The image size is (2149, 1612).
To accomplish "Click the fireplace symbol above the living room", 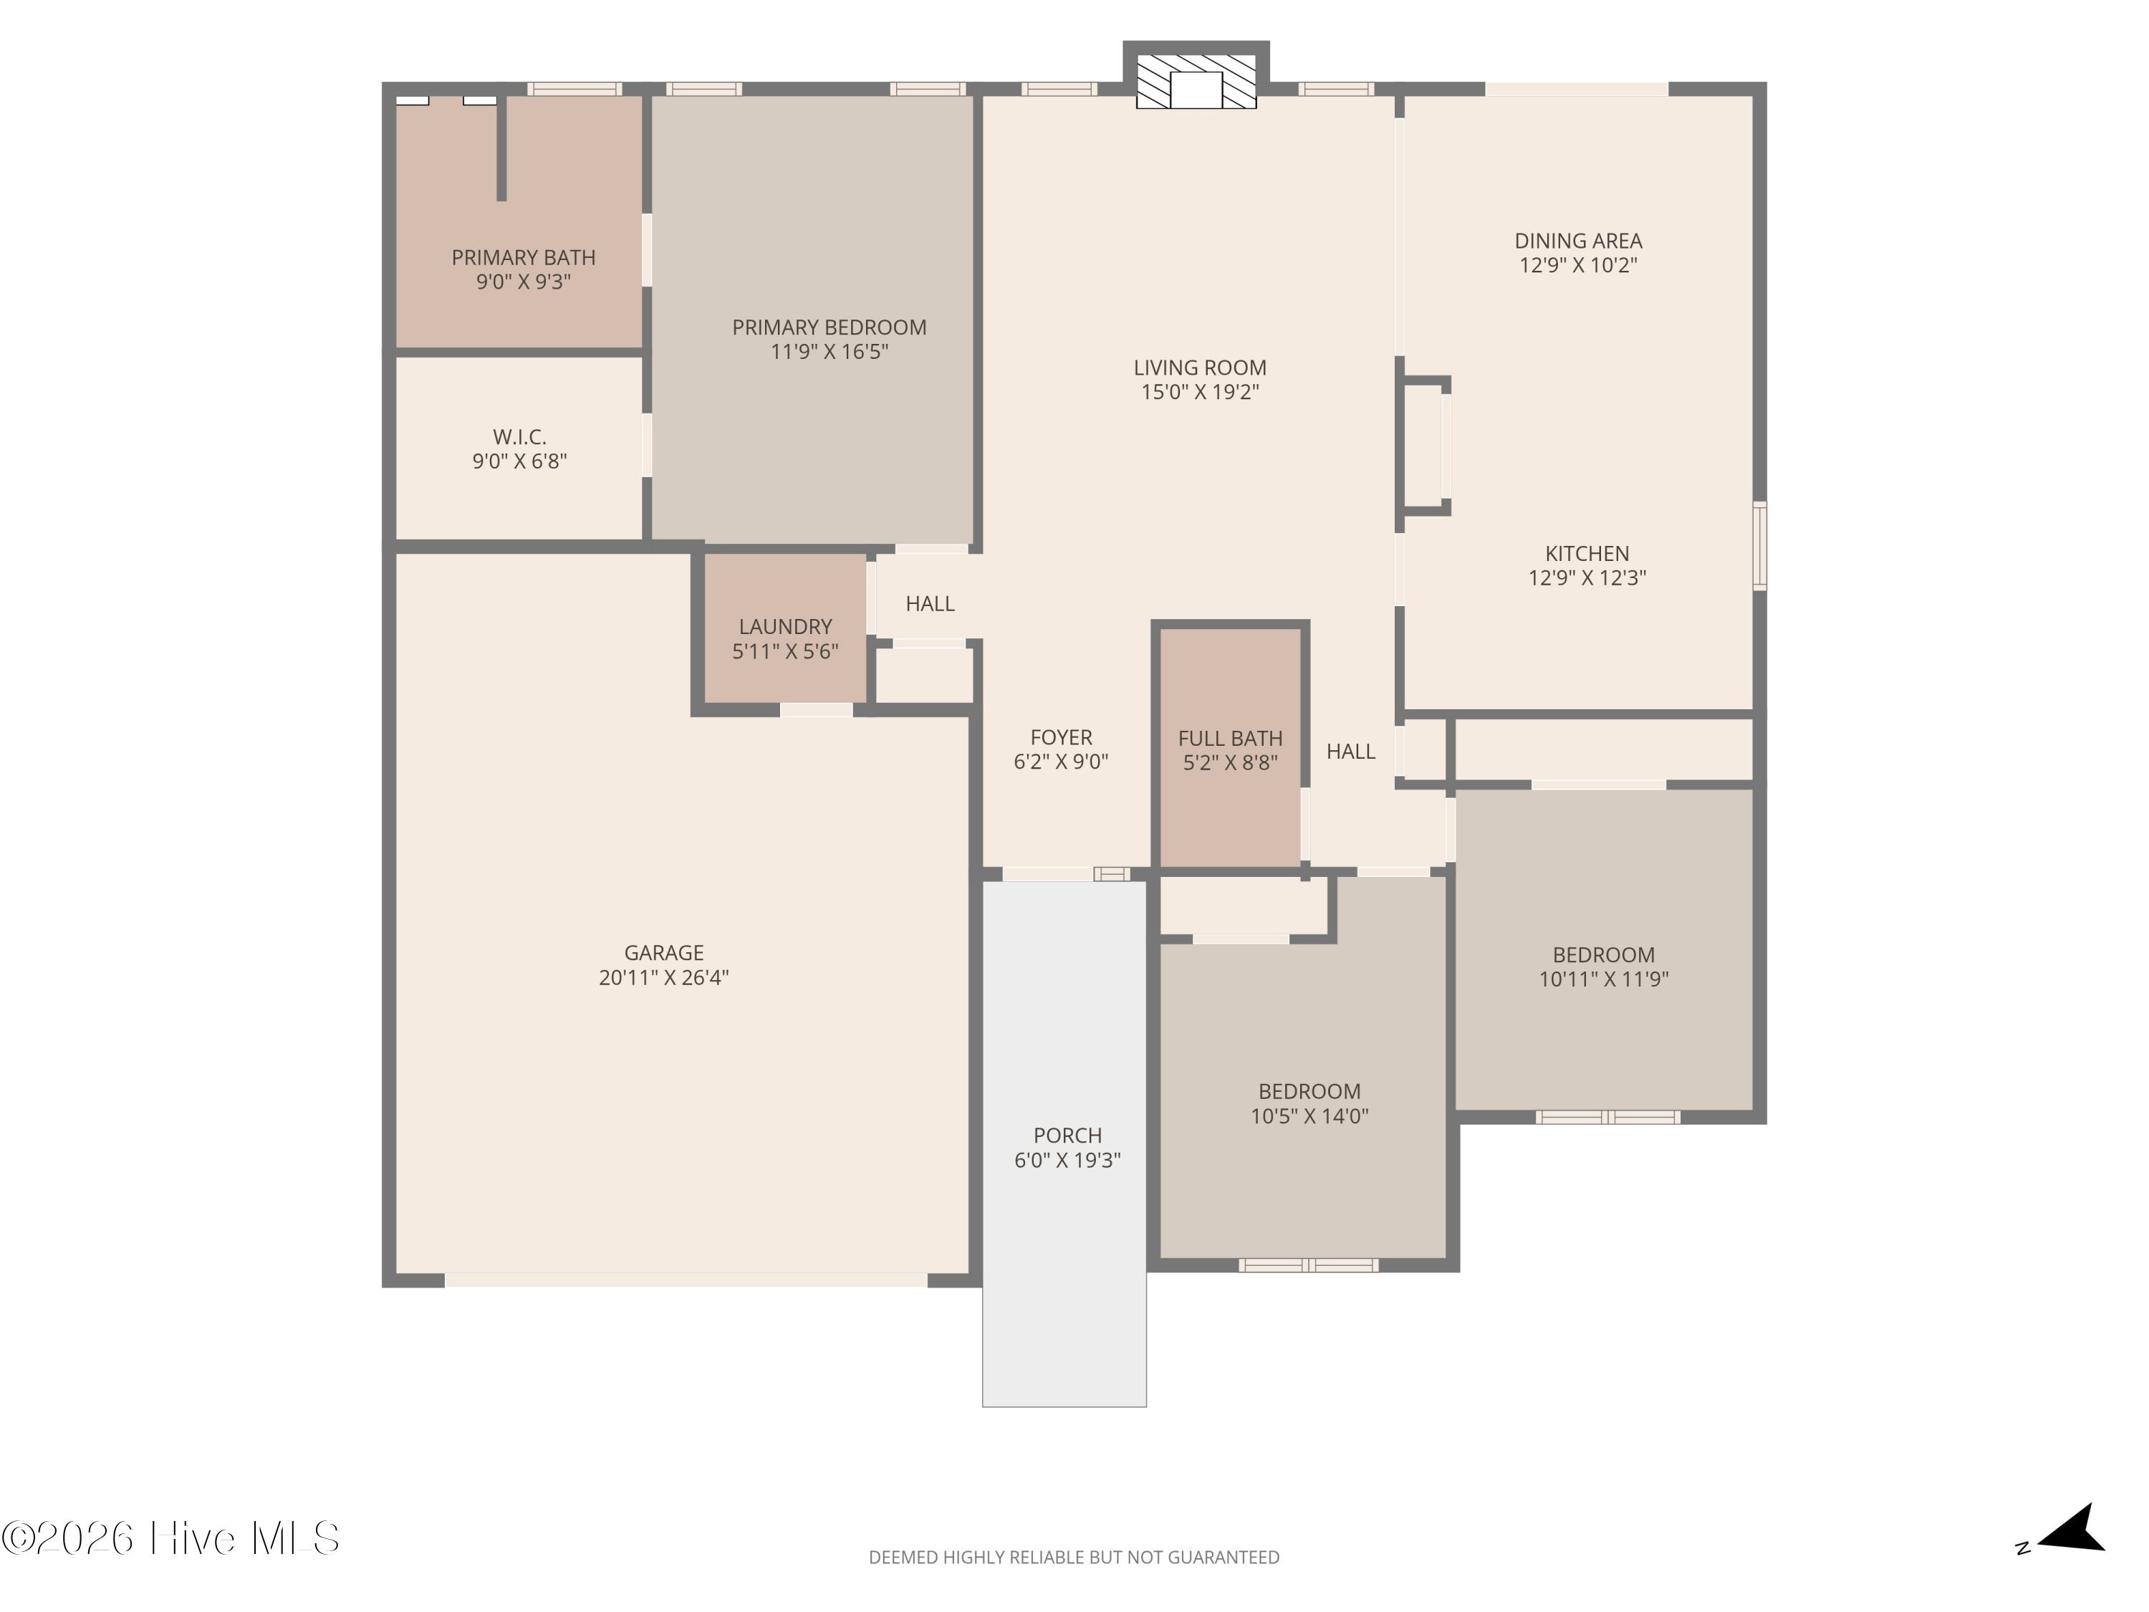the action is [1196, 82].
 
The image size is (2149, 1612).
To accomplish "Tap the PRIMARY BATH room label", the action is [524, 257].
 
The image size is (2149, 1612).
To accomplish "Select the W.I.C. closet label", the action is [520, 437].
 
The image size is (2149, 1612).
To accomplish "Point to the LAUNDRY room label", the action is [785, 627].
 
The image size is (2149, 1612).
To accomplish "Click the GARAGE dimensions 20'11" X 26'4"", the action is [663, 977].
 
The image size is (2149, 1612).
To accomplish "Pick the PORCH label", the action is [1068, 1135].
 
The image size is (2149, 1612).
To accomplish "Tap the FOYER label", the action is [1062, 737].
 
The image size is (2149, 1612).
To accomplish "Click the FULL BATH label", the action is [1230, 739].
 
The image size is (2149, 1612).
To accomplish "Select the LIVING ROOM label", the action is [1200, 368].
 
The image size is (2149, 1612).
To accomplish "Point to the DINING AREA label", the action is [1578, 241].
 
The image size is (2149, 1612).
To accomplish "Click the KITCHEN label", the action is [1587, 554].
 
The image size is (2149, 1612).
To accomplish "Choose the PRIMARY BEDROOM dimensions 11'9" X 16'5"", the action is [830, 352].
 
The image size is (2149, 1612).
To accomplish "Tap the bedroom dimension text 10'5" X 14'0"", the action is [1309, 1116].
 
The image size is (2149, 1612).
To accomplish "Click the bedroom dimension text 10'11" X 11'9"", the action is [1603, 979].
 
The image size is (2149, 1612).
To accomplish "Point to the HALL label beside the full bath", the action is [1350, 751].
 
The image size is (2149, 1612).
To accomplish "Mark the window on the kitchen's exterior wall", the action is [1759, 545].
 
